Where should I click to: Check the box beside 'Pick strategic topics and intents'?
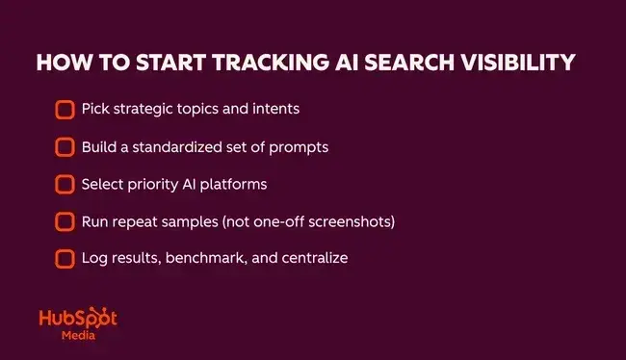65,110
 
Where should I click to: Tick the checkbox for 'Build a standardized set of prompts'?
65,147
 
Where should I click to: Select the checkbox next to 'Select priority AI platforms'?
65,184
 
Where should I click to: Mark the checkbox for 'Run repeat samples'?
65,221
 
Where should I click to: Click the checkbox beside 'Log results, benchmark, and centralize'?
65,259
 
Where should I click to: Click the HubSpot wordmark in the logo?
76,321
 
